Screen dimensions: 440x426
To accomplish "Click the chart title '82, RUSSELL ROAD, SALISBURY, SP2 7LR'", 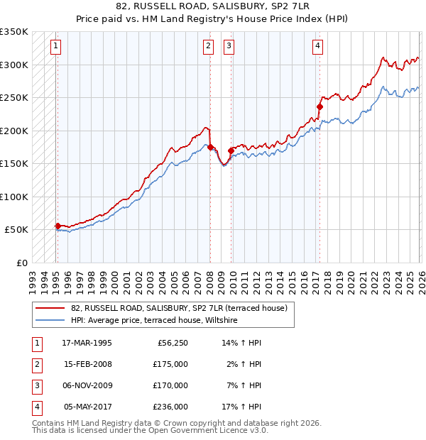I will point(213,6).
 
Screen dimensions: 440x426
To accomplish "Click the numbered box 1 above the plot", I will point(55,47).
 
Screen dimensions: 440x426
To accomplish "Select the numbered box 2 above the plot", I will point(208,47).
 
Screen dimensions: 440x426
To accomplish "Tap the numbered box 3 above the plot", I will point(229,47).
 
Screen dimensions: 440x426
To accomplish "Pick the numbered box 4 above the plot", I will point(317,47).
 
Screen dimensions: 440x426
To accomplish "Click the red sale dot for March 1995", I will point(58,226).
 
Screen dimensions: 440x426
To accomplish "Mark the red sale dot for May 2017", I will point(319,107).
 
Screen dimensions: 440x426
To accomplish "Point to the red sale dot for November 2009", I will point(231,150).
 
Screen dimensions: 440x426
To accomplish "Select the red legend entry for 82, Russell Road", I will point(178,308).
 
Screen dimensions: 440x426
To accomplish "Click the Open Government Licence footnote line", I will point(151,430).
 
